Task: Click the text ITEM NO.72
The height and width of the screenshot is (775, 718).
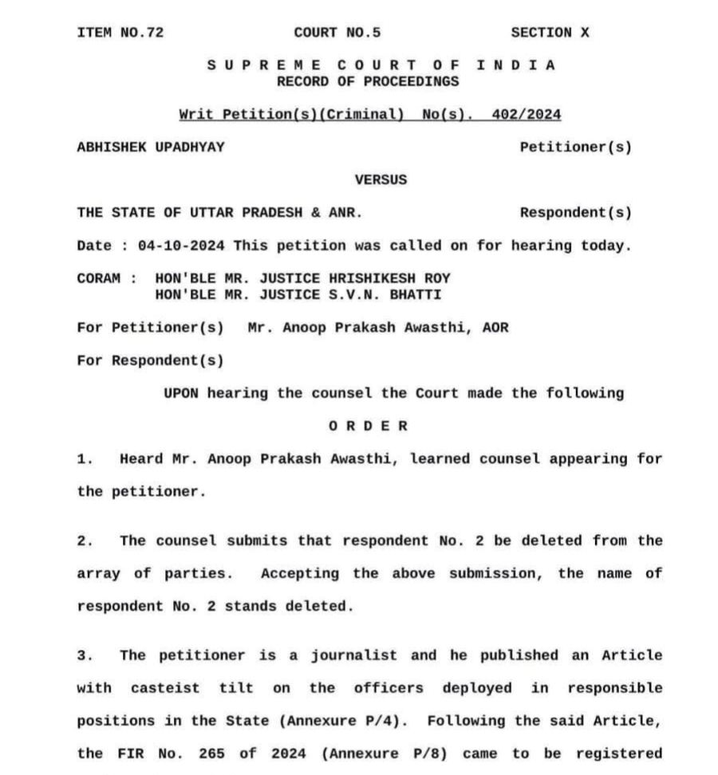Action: tap(120, 33)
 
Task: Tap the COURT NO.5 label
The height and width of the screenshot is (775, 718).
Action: tap(337, 33)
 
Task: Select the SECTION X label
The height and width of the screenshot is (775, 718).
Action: tap(550, 33)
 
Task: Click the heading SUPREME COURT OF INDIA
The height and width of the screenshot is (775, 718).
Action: tap(381, 65)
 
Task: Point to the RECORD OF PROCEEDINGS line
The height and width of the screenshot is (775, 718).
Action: tap(368, 81)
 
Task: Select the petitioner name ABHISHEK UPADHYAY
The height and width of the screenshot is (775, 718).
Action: tap(151, 148)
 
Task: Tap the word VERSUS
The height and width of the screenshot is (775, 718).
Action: tap(381, 180)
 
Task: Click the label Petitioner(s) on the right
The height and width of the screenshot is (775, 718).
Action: tap(575, 148)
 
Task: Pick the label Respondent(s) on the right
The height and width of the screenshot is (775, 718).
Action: tap(575, 213)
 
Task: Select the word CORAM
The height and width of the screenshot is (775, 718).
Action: tap(99, 279)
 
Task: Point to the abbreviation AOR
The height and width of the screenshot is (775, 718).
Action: tap(495, 328)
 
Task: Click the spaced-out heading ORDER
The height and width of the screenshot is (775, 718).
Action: tap(368, 427)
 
